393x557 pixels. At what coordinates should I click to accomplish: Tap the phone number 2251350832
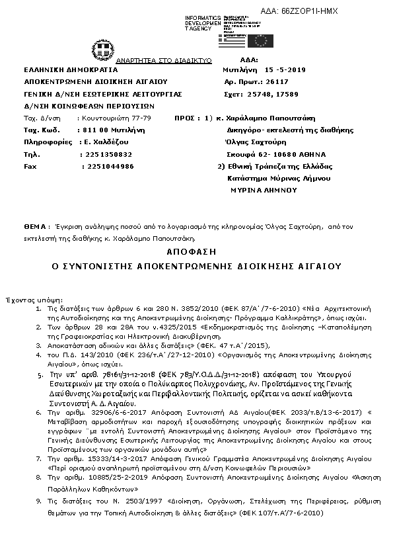pyautogui.click(x=109, y=154)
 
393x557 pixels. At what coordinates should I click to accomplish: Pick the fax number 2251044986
pyautogui.click(x=107, y=167)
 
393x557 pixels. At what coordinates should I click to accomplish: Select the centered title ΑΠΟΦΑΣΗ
pyautogui.click(x=196, y=252)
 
